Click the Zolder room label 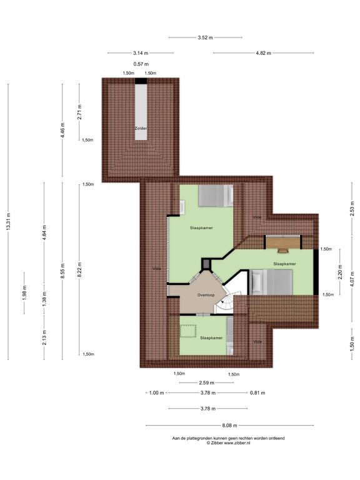point(141,128)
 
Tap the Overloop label point(206,295)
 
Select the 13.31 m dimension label point(9,221)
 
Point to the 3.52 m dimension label point(205,37)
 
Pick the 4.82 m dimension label point(263,53)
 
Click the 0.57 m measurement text point(141,64)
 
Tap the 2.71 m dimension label point(79,112)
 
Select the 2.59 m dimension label point(206,382)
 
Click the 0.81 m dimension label point(257,392)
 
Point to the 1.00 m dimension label point(156,392)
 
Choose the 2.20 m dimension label point(340,272)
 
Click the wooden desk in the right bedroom point(283,244)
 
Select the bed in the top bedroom point(216,195)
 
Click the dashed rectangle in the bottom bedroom point(187,331)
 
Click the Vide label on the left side point(157,269)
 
